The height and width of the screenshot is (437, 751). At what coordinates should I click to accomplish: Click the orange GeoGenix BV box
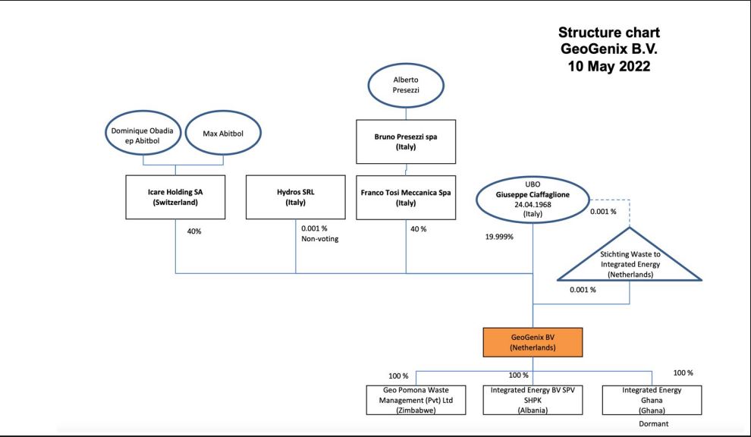coord(533,342)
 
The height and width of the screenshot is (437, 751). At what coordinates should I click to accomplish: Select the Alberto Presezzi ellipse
coord(406,85)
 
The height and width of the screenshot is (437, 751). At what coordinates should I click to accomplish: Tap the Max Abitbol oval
coord(223,133)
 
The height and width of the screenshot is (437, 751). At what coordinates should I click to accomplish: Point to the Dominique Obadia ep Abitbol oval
coord(143,133)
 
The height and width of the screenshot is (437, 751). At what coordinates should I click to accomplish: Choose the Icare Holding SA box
coord(175,197)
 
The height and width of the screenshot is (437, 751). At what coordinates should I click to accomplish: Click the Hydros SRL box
coord(296,197)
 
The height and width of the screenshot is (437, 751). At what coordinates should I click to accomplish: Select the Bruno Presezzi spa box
coord(406,142)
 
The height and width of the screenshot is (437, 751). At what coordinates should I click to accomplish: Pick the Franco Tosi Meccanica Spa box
coord(406,197)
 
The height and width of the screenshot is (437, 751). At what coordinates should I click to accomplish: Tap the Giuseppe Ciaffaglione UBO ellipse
coord(533,199)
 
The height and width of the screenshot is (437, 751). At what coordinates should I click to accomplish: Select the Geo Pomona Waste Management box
coord(416,400)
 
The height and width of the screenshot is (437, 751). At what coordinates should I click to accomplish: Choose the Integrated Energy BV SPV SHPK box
coord(533,400)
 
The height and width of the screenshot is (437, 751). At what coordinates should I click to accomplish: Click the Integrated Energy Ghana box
coord(652,400)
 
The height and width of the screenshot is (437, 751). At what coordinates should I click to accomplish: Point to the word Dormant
coord(654,423)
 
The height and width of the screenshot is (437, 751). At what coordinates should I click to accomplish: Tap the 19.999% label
coord(499,237)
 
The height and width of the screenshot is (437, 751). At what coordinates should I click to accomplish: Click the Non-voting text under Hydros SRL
coord(320,239)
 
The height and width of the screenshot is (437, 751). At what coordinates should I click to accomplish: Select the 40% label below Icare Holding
coord(194,231)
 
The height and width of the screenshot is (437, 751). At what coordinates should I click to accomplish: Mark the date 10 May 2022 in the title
coord(609,66)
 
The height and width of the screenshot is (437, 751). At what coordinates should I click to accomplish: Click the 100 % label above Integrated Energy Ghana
coord(683,373)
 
